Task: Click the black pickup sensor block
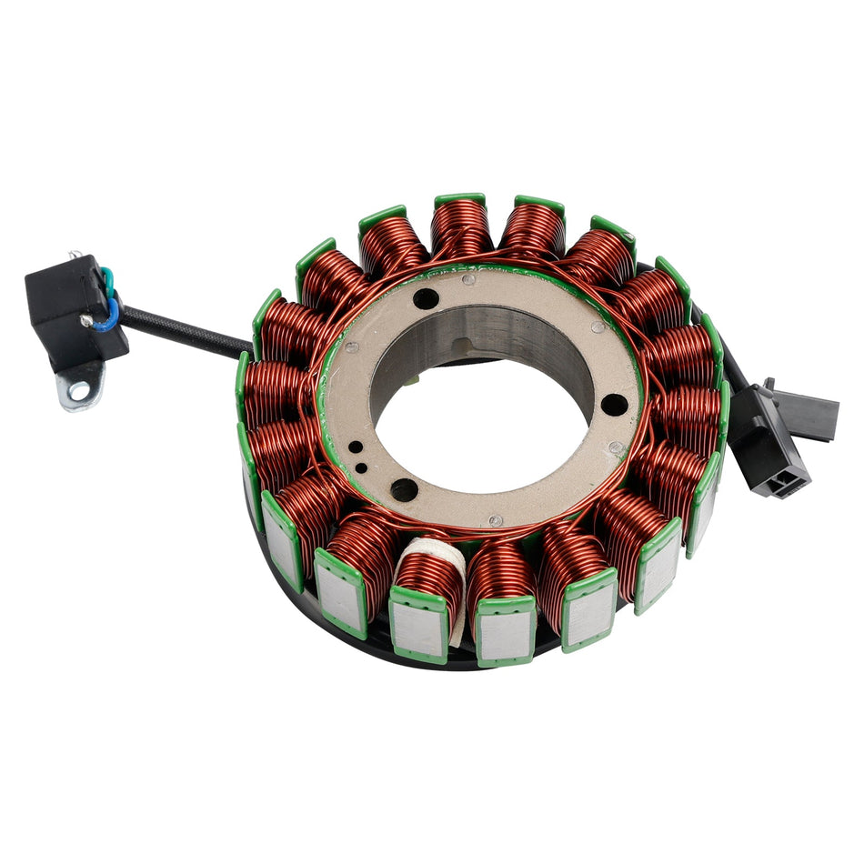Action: (x=68, y=305)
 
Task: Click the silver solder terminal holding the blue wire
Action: (x=86, y=320)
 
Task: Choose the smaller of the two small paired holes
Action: (x=362, y=467)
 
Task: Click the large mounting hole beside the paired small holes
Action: (x=404, y=489)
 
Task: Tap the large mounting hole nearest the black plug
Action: (x=614, y=404)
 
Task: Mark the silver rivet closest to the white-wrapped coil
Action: (x=495, y=520)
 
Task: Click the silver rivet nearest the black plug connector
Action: (x=617, y=447)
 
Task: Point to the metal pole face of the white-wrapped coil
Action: (x=421, y=629)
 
